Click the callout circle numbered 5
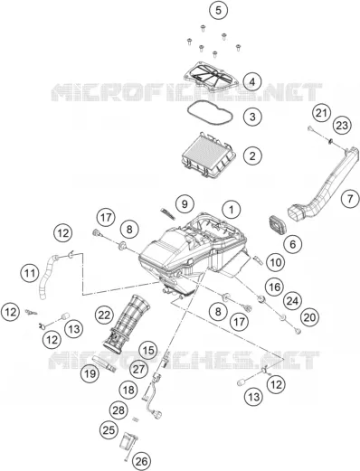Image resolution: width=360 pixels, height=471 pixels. (x=218, y=10)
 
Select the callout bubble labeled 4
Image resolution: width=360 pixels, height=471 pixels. (x=252, y=81)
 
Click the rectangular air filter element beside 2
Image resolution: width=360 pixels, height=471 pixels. (x=209, y=156)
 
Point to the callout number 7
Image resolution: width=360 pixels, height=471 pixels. (x=350, y=199)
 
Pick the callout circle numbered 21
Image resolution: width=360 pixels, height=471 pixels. (x=321, y=113)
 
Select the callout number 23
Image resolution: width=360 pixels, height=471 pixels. (x=342, y=126)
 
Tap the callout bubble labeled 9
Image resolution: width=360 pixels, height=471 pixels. (x=185, y=204)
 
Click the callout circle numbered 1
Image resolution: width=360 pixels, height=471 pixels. (x=232, y=209)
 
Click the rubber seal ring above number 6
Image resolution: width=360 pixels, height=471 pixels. (x=278, y=224)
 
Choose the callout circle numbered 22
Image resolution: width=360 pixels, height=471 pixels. (x=104, y=316)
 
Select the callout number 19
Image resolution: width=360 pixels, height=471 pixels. (x=90, y=374)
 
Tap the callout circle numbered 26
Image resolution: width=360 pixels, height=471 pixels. (x=142, y=461)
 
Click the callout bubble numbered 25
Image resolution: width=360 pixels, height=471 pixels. (x=109, y=429)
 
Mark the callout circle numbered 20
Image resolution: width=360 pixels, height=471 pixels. (x=309, y=317)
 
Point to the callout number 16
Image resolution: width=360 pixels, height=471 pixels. (x=275, y=287)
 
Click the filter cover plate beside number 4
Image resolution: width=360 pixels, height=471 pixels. (x=212, y=77)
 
